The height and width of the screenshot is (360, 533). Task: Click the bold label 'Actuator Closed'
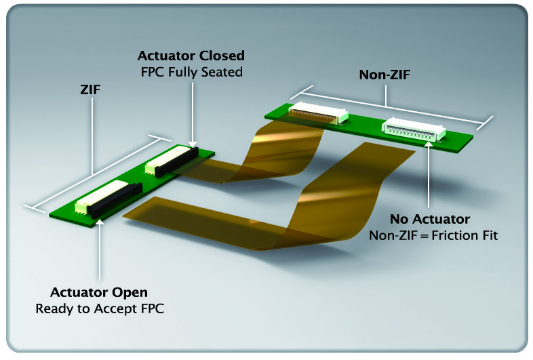pyautogui.click(x=191, y=55)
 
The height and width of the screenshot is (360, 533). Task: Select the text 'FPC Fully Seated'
pyautogui.click(x=191, y=71)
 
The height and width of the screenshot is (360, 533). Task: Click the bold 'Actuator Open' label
pyautogui.click(x=98, y=293)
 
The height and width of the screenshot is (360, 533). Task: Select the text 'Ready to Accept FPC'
pyautogui.click(x=99, y=309)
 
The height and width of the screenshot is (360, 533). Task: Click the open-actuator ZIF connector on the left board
pyautogui.click(x=102, y=197)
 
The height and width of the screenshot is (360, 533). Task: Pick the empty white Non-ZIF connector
pyautogui.click(x=413, y=129)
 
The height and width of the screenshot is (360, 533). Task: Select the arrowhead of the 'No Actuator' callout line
pyautogui.click(x=429, y=144)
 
